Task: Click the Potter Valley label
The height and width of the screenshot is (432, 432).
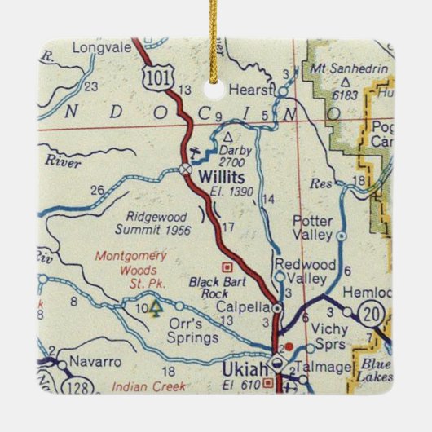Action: pos(312,227)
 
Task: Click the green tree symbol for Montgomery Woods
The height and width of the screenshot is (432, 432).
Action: pos(156,308)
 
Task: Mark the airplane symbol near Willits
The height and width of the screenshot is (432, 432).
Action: pos(191,152)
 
